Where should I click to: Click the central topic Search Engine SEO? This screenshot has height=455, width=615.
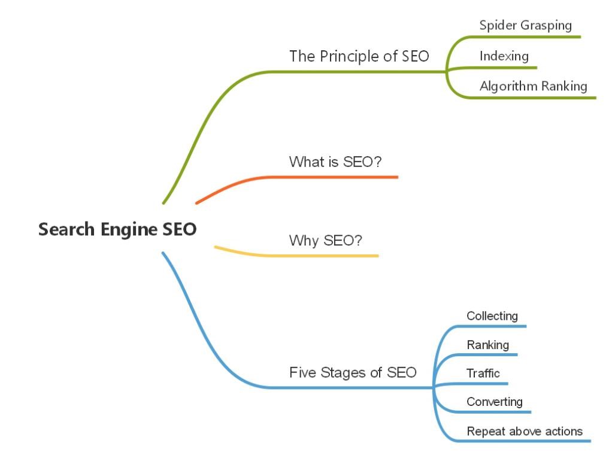[117, 229]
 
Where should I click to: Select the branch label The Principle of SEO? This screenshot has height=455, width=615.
[359, 56]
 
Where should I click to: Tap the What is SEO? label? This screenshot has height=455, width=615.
[335, 162]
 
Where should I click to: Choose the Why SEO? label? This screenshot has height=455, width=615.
[326, 241]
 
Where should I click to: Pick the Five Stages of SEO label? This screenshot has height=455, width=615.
[353, 372]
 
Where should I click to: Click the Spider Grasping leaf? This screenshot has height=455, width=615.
[525, 26]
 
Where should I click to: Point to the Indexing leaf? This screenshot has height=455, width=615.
[504, 56]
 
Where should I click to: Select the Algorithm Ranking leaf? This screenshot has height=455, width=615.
[533, 86]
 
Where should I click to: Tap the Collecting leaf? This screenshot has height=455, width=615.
[492, 316]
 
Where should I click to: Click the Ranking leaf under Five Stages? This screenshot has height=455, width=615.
[487, 345]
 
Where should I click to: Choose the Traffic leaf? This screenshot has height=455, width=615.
[483, 374]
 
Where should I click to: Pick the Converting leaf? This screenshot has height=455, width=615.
[495, 402]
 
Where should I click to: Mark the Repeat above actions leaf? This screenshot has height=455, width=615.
[525, 431]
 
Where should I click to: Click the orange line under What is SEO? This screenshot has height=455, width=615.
[335, 177]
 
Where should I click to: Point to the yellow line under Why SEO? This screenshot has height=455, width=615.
[323, 256]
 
